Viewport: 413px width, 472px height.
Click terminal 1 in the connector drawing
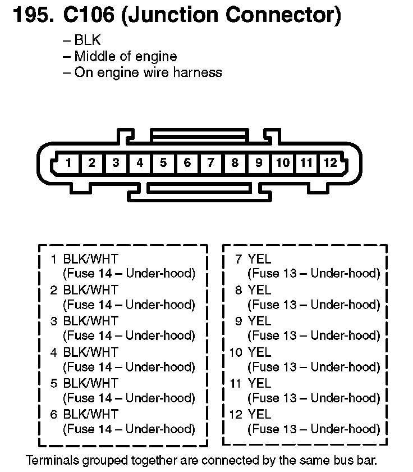pos(68,164)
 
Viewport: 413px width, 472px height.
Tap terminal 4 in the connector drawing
pos(139,164)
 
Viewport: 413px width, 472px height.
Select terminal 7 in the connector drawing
pos(211,164)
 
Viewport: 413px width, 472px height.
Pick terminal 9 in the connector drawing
pos(259,164)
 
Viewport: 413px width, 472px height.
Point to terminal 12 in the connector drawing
pos(331,164)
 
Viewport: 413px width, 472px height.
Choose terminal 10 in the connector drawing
pos(283,164)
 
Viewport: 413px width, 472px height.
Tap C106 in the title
pos(86,15)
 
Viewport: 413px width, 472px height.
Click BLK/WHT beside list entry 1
pos(91,260)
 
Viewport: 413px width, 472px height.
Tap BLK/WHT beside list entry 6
pos(91,415)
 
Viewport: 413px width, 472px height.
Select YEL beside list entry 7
pos(259,260)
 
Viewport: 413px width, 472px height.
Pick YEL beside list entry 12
pos(259,415)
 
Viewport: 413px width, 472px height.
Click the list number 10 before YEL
pos(236,353)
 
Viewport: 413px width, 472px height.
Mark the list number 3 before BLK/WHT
pos(54,321)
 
